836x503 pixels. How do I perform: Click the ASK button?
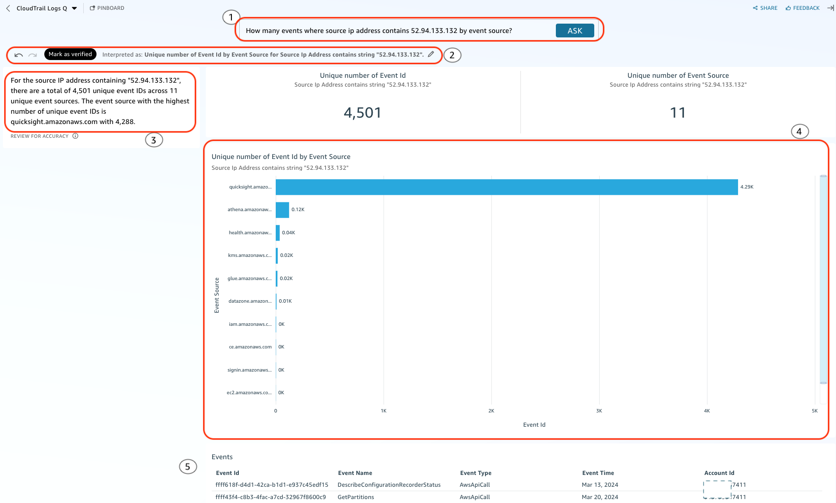[575, 31]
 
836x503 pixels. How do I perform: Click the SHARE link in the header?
[765, 8]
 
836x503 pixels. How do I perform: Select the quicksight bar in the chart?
[506, 187]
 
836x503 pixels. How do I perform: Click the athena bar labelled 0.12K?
[282, 210]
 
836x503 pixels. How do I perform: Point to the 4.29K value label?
[747, 187]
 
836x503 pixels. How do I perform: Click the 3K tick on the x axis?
[599, 411]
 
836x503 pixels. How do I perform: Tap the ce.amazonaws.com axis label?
[250, 347]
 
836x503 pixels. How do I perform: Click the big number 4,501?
[362, 113]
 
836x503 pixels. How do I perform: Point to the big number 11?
[678, 113]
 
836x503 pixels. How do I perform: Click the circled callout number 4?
[800, 131]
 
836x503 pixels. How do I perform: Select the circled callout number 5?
[188, 467]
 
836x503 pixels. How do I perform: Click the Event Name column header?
[355, 473]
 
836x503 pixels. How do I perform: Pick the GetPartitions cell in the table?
[355, 497]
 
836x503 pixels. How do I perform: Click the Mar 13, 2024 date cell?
[600, 485]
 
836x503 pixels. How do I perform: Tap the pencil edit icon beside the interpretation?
[431, 54]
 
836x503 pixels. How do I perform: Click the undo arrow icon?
[19, 55]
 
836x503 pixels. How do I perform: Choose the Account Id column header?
[719, 473]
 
